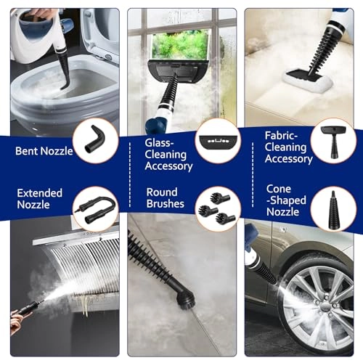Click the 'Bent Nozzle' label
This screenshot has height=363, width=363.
pos(44,151)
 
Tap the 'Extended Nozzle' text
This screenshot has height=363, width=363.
pos(40,199)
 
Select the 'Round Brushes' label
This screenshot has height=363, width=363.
pos(166,198)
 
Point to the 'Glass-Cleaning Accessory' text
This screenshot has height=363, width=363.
pos(168,155)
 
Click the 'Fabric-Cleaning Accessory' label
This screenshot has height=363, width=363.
pos(288,147)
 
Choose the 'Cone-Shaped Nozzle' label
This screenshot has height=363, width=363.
pos(286,200)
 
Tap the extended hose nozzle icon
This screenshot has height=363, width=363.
pos(97,207)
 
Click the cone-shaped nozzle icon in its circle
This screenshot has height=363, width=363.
pos(333,208)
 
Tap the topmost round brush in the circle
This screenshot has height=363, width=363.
pos(219,198)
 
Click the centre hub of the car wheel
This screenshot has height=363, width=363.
pos(325,309)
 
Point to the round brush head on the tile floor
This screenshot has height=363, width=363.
pos(184,296)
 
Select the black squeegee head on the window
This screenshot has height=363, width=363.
pos(177,72)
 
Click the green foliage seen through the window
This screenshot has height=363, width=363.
pos(180,46)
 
